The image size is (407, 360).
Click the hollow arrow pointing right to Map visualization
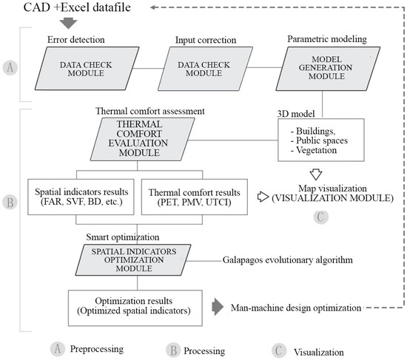(263, 198)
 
